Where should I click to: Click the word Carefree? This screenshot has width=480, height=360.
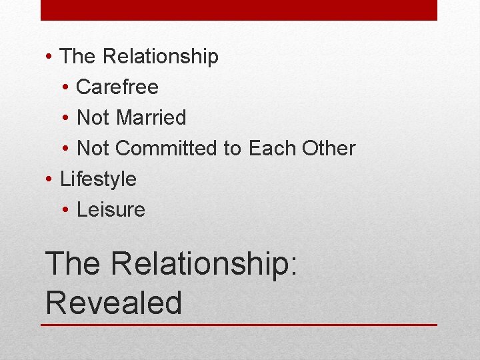(117, 87)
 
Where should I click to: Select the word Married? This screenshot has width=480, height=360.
(151, 118)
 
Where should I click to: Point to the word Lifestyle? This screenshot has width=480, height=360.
(98, 179)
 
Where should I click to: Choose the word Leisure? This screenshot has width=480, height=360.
(111, 210)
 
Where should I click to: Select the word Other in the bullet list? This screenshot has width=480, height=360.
(329, 149)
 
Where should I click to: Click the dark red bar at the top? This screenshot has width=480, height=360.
(239, 10)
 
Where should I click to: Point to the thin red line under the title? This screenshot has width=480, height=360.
(239, 325)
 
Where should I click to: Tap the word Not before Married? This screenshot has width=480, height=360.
(93, 118)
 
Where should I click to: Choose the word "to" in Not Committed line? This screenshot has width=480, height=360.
(233, 149)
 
